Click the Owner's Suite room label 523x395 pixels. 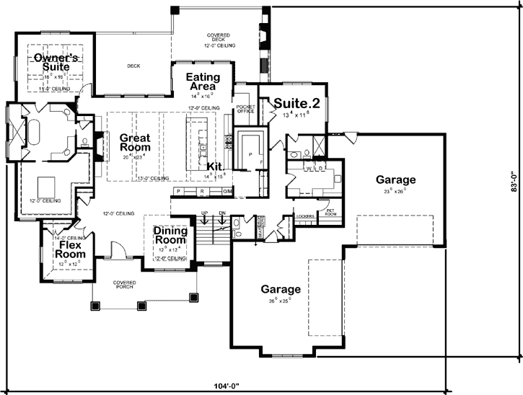[x=54, y=61]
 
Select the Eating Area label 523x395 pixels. [x=203, y=81]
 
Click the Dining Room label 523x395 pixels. [x=170, y=236]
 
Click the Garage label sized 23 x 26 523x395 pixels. [x=395, y=179]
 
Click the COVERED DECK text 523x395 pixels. [x=219, y=40]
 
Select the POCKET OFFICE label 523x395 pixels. [x=246, y=110]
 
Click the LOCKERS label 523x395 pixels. [x=305, y=215]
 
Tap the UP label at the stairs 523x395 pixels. [x=204, y=213]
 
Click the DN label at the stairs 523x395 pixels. [x=222, y=213]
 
